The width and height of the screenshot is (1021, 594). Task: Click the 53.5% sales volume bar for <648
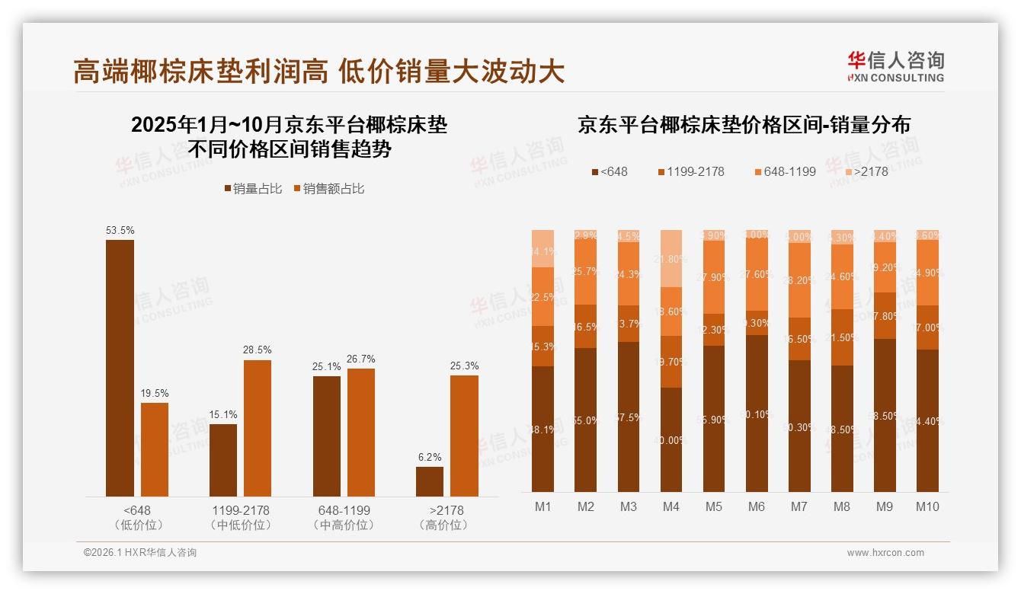tap(120, 368)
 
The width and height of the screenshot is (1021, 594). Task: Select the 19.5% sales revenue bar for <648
tap(155, 449)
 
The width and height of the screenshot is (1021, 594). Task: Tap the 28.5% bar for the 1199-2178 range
tap(258, 428)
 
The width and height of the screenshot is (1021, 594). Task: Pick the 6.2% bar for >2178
tap(429, 481)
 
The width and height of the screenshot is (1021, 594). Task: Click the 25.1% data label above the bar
tap(326, 366)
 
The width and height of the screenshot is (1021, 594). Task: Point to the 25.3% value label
tap(464, 366)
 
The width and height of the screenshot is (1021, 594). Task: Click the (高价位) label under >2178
tap(444, 525)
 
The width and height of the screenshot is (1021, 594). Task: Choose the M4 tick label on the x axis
tap(671, 506)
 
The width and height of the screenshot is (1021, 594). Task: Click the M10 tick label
tap(927, 506)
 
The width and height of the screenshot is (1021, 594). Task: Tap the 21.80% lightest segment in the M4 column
tap(671, 258)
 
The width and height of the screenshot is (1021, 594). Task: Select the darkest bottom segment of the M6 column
tap(756, 414)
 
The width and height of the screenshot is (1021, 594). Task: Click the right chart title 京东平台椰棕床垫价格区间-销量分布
tap(744, 125)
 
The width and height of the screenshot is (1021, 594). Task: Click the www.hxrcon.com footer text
tap(885, 553)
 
